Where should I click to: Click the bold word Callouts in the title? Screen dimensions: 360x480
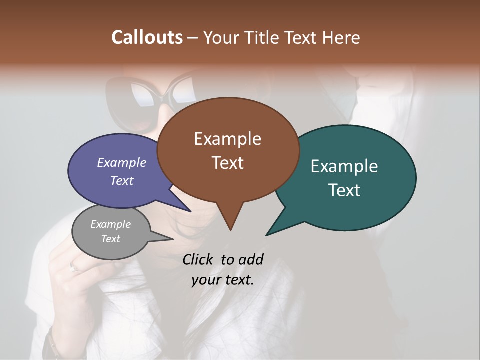click(147, 37)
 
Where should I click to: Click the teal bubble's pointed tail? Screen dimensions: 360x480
click(268, 234)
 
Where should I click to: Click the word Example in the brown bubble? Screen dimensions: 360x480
click(227, 139)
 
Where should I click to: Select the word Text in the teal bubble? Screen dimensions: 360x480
click(344, 190)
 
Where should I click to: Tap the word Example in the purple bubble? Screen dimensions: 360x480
click(121, 162)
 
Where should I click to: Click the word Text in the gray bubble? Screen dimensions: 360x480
click(111, 239)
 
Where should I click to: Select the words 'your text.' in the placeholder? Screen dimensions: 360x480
click(223, 280)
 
